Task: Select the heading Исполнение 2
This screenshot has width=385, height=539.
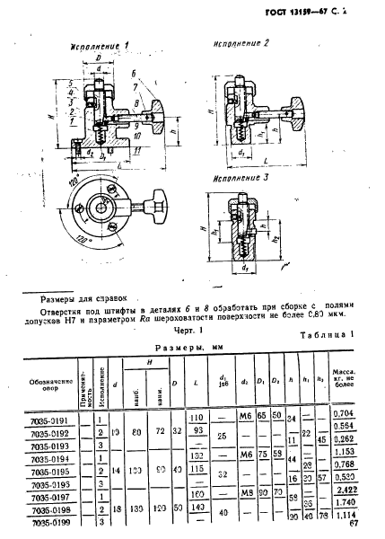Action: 241,42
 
